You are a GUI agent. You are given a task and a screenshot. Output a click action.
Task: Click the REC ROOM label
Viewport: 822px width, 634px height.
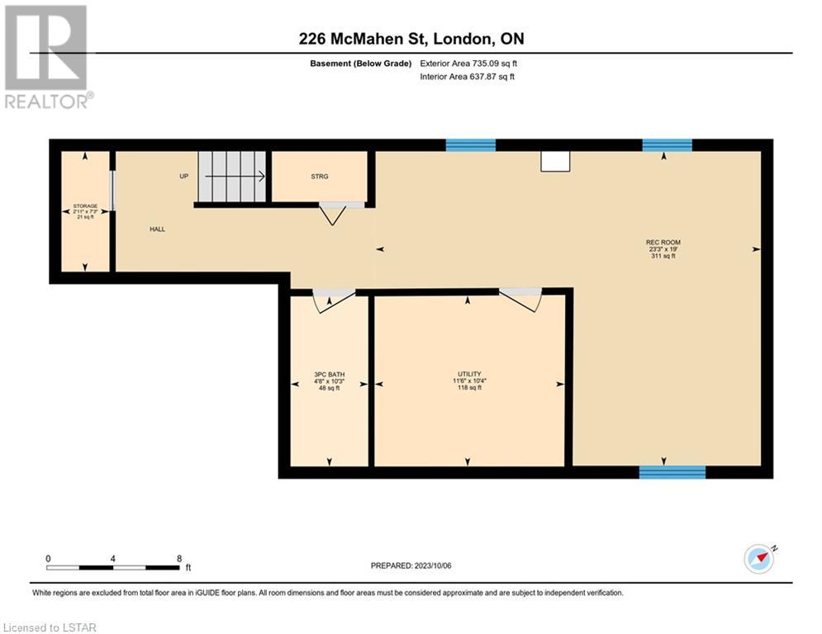point(663,243)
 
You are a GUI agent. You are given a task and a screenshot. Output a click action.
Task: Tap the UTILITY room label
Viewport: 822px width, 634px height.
point(469,374)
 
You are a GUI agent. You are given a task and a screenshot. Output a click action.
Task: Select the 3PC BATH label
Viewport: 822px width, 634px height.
point(330,375)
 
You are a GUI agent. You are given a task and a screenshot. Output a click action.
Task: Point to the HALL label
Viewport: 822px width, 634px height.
point(157,229)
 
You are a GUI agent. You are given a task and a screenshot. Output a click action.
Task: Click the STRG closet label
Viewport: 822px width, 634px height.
point(319,177)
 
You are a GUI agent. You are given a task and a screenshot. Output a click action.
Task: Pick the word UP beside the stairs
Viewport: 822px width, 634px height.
point(184,176)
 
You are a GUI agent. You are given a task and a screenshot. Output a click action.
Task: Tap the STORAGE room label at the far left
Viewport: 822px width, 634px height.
point(85,206)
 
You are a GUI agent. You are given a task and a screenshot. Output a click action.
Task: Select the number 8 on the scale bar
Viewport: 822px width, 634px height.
point(179,559)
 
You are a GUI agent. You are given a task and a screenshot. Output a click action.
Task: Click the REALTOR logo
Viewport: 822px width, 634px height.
point(47,57)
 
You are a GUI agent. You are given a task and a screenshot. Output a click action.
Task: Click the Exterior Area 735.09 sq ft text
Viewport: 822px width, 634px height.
point(468,64)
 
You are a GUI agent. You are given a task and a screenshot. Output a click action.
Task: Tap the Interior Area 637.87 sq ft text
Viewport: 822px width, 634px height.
point(467,77)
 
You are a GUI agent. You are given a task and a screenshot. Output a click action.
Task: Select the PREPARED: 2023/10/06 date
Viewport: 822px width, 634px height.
point(411,565)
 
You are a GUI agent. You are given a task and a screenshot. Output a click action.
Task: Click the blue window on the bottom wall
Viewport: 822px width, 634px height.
point(672,472)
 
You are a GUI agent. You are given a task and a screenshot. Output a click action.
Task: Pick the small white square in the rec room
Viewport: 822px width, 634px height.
point(556,161)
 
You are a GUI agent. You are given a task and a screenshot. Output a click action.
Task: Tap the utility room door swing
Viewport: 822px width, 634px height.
point(520,300)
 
